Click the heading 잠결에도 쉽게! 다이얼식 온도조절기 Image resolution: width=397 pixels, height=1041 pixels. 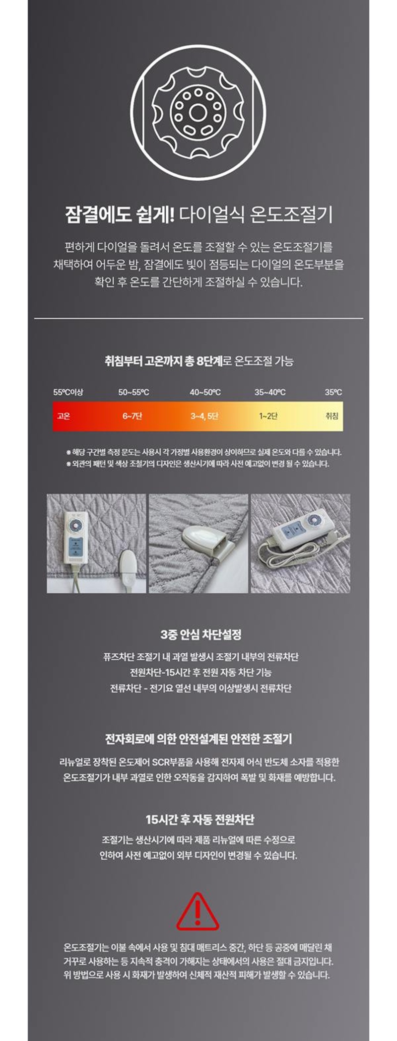coord(198,215)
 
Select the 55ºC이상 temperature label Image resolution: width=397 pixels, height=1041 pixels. coord(68,392)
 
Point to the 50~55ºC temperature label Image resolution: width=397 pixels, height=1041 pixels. coord(133,392)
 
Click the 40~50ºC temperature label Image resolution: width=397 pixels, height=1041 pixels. coord(205,392)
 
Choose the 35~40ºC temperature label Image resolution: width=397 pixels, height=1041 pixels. coord(270,392)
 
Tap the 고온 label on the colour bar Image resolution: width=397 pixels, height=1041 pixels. coord(64,416)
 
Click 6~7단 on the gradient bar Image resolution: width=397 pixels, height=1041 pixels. coord(132,416)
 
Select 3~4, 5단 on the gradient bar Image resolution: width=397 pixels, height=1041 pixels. coord(204,416)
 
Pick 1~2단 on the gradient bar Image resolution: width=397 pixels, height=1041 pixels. coord(268,416)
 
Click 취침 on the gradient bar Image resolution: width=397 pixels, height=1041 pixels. coord(331,416)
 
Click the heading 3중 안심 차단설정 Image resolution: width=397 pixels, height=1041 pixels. coord(200,634)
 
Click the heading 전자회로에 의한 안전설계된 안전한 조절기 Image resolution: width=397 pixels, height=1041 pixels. coord(198,739)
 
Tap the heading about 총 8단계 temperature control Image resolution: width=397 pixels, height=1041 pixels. coord(198,361)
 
